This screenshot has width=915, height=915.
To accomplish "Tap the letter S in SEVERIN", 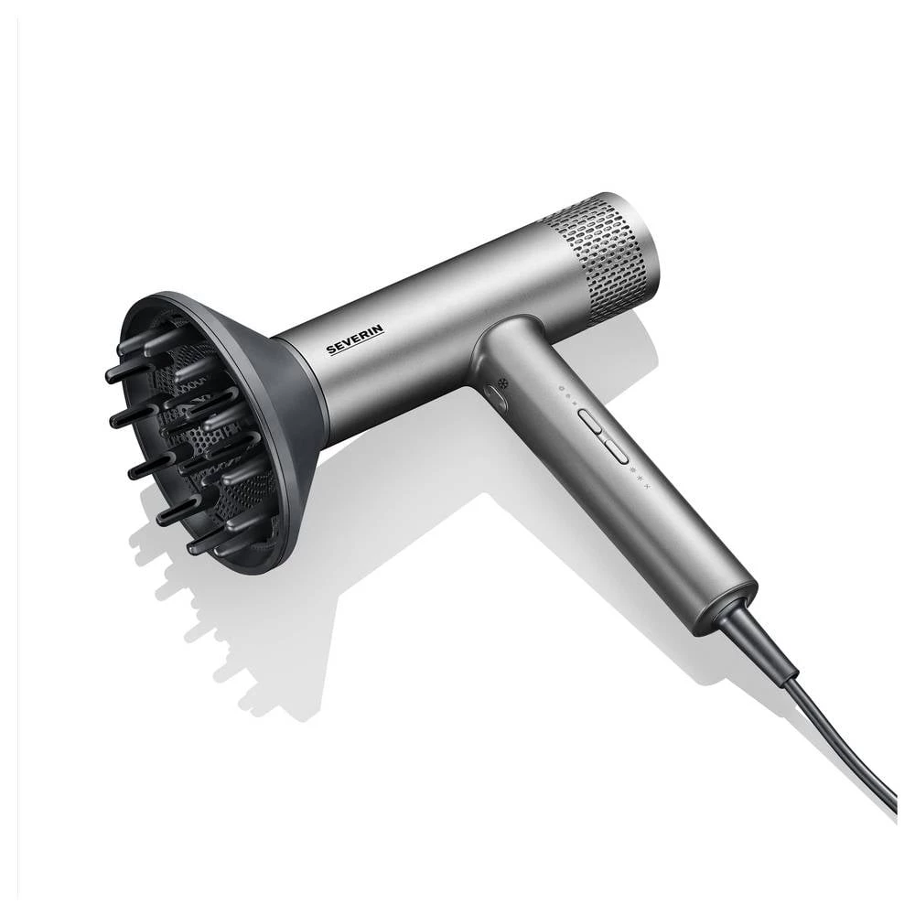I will [x=331, y=350].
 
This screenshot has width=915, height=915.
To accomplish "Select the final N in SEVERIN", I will [x=380, y=328].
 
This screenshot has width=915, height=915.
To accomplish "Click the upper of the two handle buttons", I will [x=590, y=420].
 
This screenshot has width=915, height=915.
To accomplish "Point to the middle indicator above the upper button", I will [x=568, y=393].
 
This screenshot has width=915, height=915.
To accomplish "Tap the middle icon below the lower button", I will [x=639, y=479].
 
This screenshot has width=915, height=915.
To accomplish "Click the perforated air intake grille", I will [x=598, y=257].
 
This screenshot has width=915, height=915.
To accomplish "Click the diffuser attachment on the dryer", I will [x=210, y=430].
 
